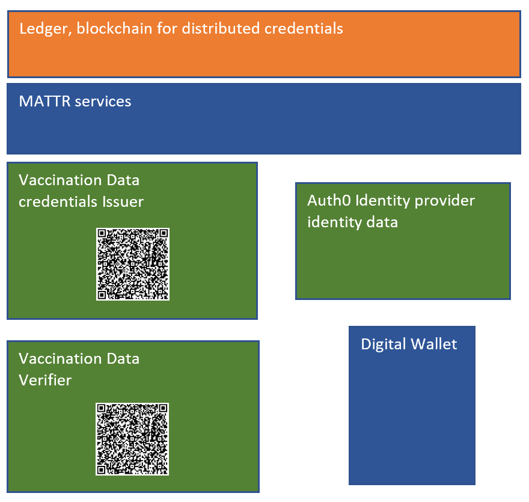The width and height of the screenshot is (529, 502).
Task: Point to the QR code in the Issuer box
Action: coord(132,264)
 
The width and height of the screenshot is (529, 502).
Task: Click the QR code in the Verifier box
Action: coord(132,438)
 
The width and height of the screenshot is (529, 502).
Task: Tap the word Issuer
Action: coord(122,201)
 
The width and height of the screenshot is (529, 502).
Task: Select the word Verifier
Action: coord(45,380)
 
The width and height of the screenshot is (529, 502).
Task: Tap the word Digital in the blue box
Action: coord(382,344)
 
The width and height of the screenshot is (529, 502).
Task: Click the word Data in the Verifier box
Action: coord(123,359)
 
